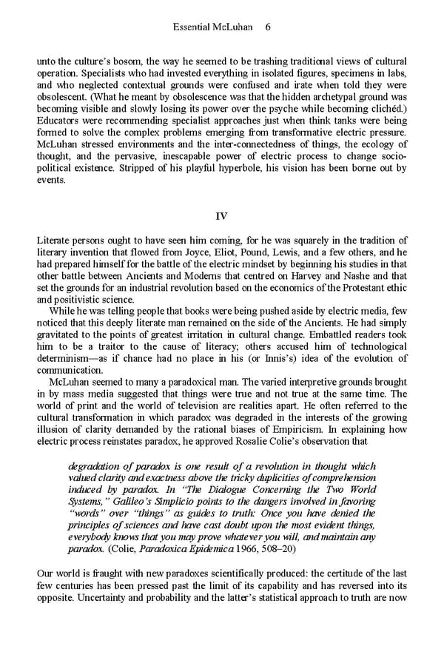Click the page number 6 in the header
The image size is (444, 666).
[x=267, y=27]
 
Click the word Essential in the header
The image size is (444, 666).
[x=192, y=27]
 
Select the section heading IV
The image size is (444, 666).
[x=221, y=216]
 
